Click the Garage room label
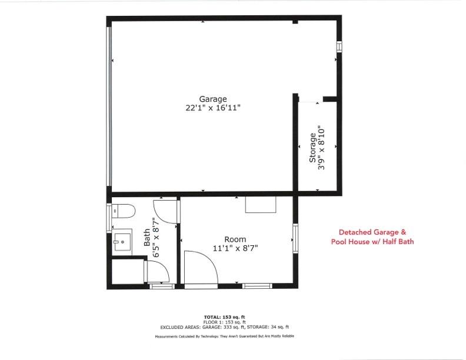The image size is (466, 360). (212, 99)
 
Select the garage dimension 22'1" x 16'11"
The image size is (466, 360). (212, 108)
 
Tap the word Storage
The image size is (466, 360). (312, 148)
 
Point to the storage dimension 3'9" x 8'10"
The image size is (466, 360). (321, 148)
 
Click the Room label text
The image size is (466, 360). (235, 239)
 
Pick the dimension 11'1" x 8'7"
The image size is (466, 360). (235, 248)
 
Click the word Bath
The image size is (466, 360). (147, 238)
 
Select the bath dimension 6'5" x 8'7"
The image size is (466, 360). (156, 238)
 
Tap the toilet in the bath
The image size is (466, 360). (124, 211)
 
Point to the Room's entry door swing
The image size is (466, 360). (200, 268)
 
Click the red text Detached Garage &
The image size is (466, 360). (372, 232)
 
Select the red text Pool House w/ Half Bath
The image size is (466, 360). (372, 242)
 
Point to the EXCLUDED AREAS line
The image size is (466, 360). (224, 326)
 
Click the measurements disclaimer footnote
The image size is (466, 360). (224, 336)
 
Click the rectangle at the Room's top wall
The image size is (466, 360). (261, 204)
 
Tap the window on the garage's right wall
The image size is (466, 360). (339, 47)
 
